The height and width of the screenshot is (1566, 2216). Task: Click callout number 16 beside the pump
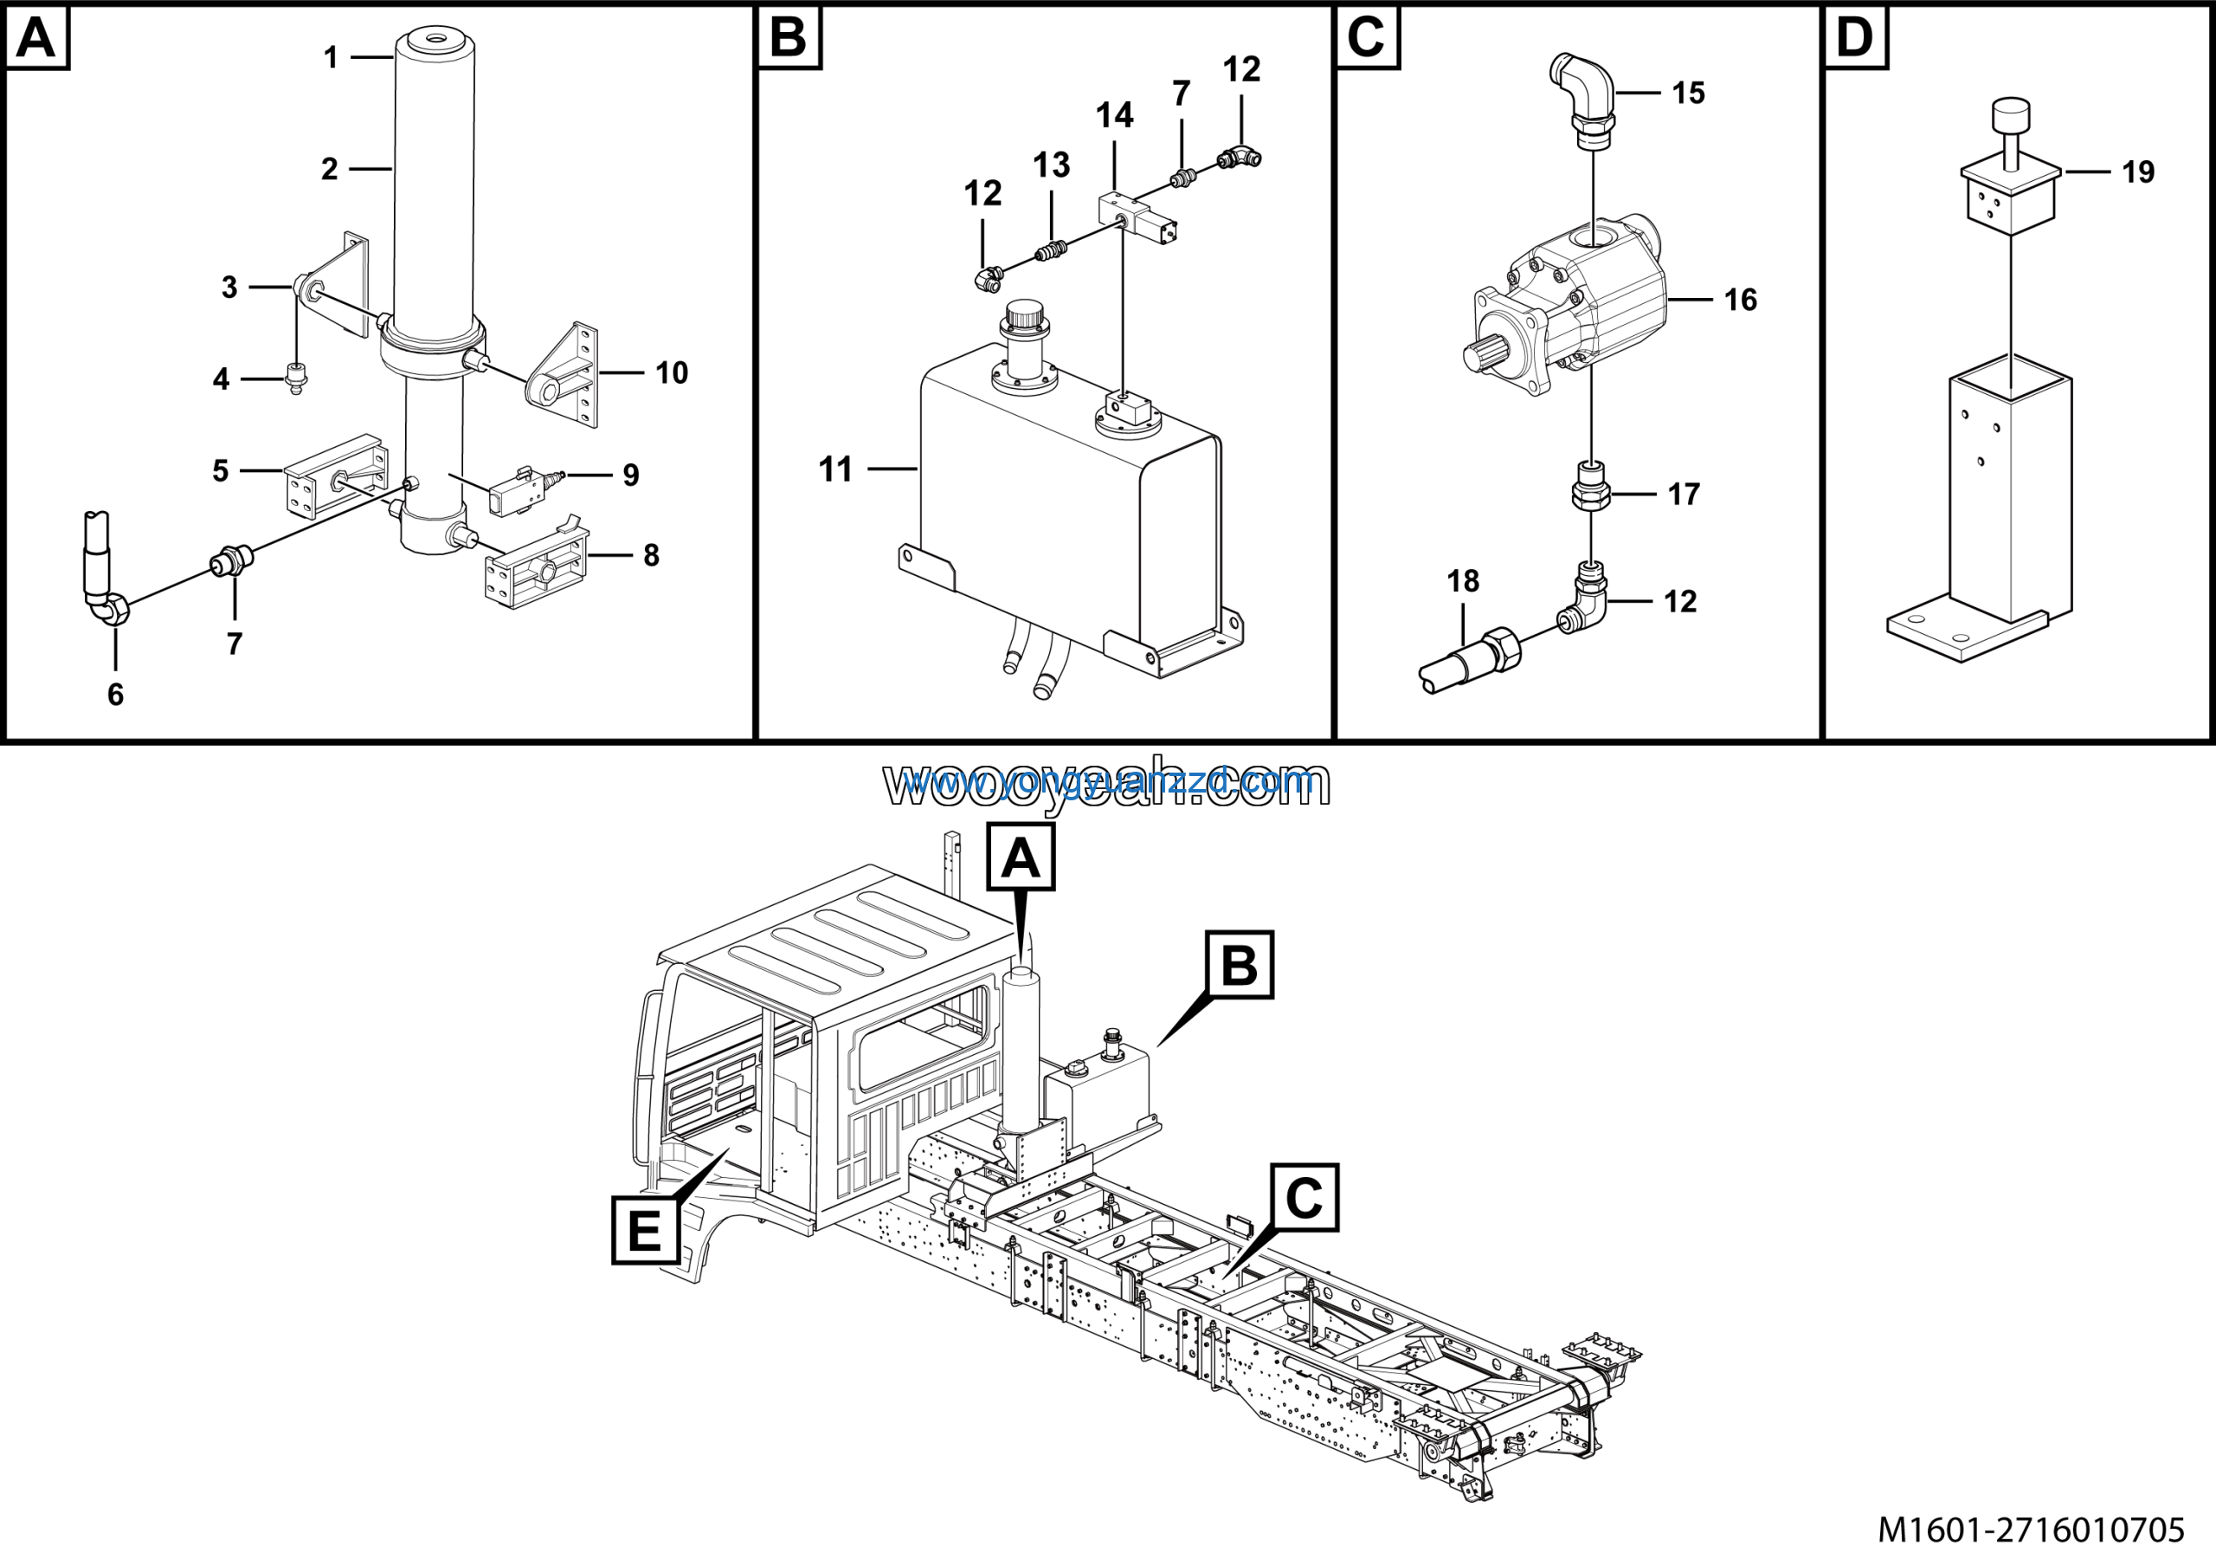[1740, 301]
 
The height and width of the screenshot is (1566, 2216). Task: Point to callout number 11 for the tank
[836, 469]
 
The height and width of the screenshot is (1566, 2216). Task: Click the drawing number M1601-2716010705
[2031, 1530]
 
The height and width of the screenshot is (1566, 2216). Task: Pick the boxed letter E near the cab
[645, 1230]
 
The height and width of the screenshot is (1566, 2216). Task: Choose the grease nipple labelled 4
[296, 377]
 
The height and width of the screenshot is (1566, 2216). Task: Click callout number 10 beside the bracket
[672, 372]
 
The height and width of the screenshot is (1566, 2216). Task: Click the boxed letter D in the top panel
[1854, 36]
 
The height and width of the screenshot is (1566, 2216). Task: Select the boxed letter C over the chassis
[1304, 1197]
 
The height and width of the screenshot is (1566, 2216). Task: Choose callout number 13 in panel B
[1051, 165]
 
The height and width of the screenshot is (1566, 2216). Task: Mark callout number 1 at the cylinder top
[331, 58]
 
